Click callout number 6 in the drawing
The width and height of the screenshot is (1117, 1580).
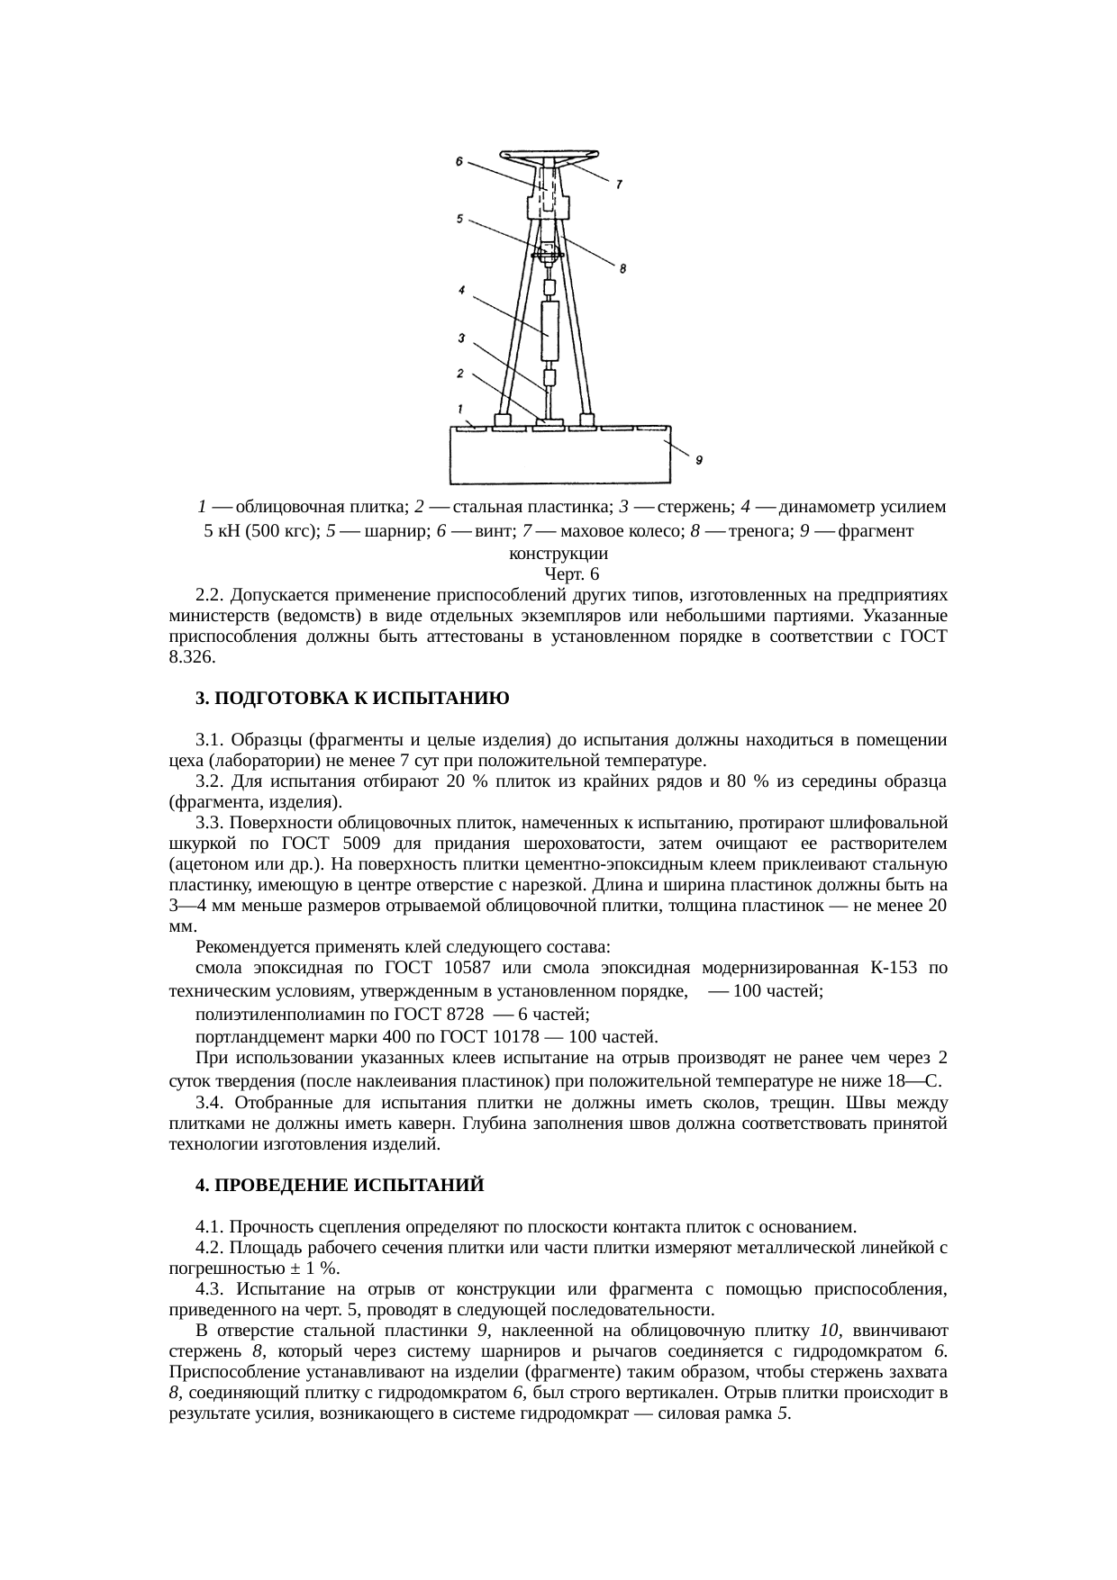tap(459, 162)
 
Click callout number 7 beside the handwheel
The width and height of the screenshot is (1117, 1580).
tap(618, 185)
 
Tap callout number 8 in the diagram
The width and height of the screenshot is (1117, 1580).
tap(622, 268)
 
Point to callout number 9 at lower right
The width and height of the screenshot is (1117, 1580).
tap(698, 460)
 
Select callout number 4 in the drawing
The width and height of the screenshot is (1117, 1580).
tap(460, 291)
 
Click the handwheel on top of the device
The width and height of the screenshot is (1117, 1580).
tap(548, 156)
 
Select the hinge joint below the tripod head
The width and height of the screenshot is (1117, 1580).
tap(548, 252)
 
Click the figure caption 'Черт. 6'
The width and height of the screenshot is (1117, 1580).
tap(572, 573)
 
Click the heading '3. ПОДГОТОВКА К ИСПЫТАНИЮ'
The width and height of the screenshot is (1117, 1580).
tap(353, 699)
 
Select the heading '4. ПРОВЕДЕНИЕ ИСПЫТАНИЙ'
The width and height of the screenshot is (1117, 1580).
tap(341, 1186)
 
